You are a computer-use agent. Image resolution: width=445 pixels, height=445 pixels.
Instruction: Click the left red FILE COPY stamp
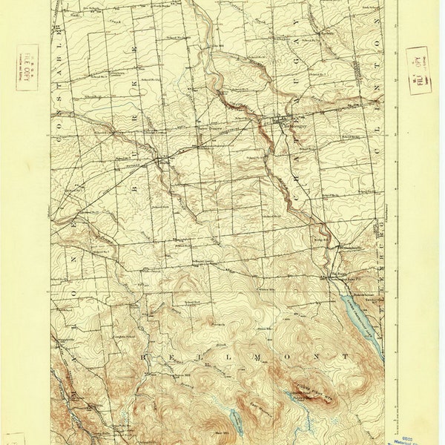(27, 67)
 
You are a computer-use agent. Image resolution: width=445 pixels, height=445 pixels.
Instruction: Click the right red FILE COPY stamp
(418, 70)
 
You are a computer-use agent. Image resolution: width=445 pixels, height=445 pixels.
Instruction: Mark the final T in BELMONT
(345, 357)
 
